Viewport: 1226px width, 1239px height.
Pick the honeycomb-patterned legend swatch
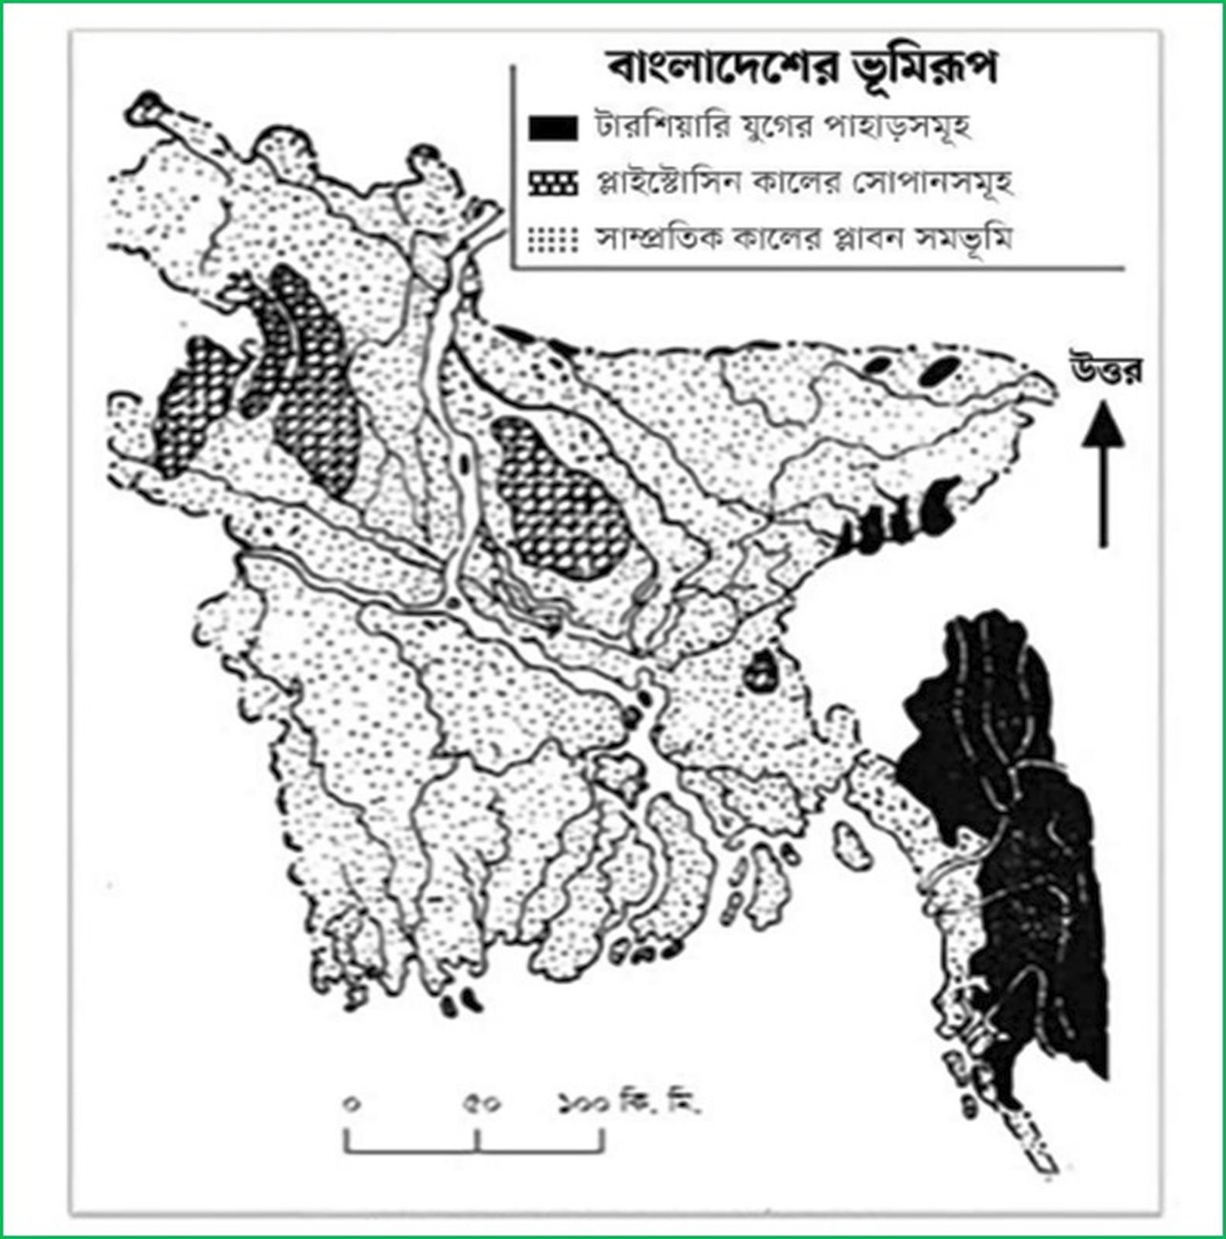pyautogui.click(x=552, y=184)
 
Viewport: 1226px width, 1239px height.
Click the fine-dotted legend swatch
pyautogui.click(x=552, y=239)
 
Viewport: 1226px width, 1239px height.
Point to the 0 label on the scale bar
pyautogui.click(x=352, y=1104)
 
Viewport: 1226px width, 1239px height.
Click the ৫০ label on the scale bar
pyautogui.click(x=482, y=1104)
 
